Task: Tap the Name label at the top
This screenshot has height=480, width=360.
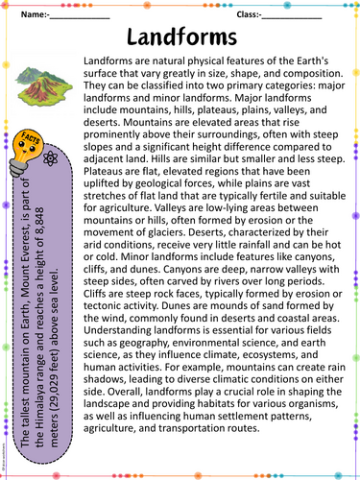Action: tap(33, 15)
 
